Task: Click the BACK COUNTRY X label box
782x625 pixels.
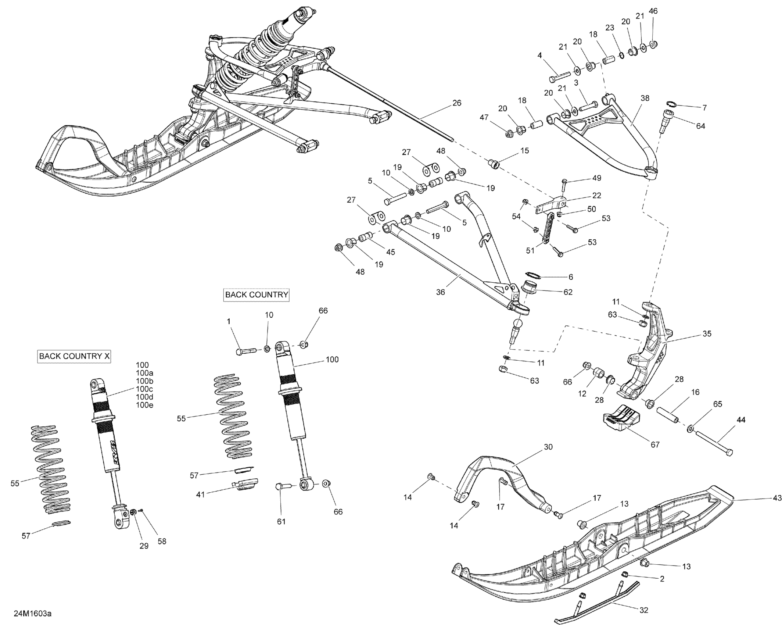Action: (x=75, y=356)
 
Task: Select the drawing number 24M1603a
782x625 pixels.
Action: (x=33, y=614)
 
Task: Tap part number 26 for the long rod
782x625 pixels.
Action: (x=456, y=103)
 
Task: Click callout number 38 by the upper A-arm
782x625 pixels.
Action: (x=645, y=98)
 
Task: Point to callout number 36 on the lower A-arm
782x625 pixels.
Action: (x=440, y=292)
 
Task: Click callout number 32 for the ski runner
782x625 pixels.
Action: (x=643, y=610)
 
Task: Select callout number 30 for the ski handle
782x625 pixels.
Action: (x=548, y=447)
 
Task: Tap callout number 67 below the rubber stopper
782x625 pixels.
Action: (x=655, y=444)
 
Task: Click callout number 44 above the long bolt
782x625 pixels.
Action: (x=741, y=420)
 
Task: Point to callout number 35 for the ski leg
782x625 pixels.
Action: (x=707, y=333)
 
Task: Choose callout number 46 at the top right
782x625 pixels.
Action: (x=653, y=11)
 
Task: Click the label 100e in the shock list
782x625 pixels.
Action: (x=144, y=405)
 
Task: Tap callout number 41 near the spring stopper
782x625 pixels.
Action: (x=200, y=494)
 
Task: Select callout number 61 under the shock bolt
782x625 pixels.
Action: (x=281, y=521)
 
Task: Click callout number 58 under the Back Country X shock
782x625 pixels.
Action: (x=162, y=541)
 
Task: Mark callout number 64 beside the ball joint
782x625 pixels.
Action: (x=700, y=126)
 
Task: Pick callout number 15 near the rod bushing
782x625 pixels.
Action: (x=524, y=150)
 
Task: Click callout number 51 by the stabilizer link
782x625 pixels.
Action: (x=530, y=250)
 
